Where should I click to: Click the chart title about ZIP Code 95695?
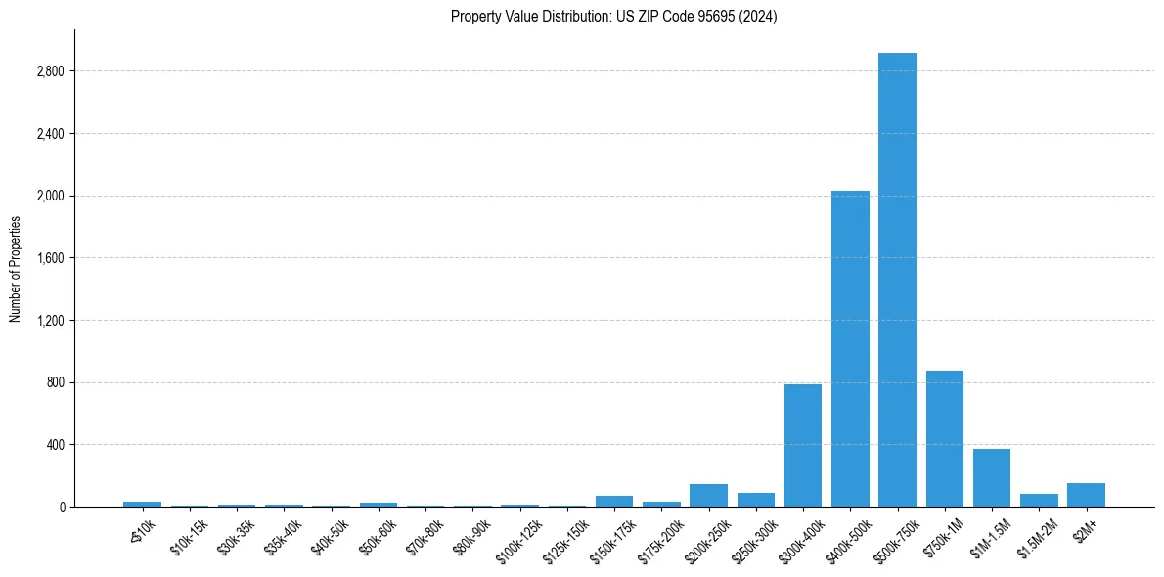(x=613, y=17)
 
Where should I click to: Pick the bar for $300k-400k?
(x=803, y=445)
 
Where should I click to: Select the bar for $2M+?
(x=1086, y=495)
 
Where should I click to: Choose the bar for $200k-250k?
(x=708, y=495)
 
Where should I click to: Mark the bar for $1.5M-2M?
(x=1039, y=500)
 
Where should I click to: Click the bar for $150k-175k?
(x=614, y=501)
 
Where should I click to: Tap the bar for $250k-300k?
(x=756, y=500)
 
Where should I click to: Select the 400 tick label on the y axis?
(x=56, y=445)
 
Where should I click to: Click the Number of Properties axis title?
(x=16, y=268)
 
